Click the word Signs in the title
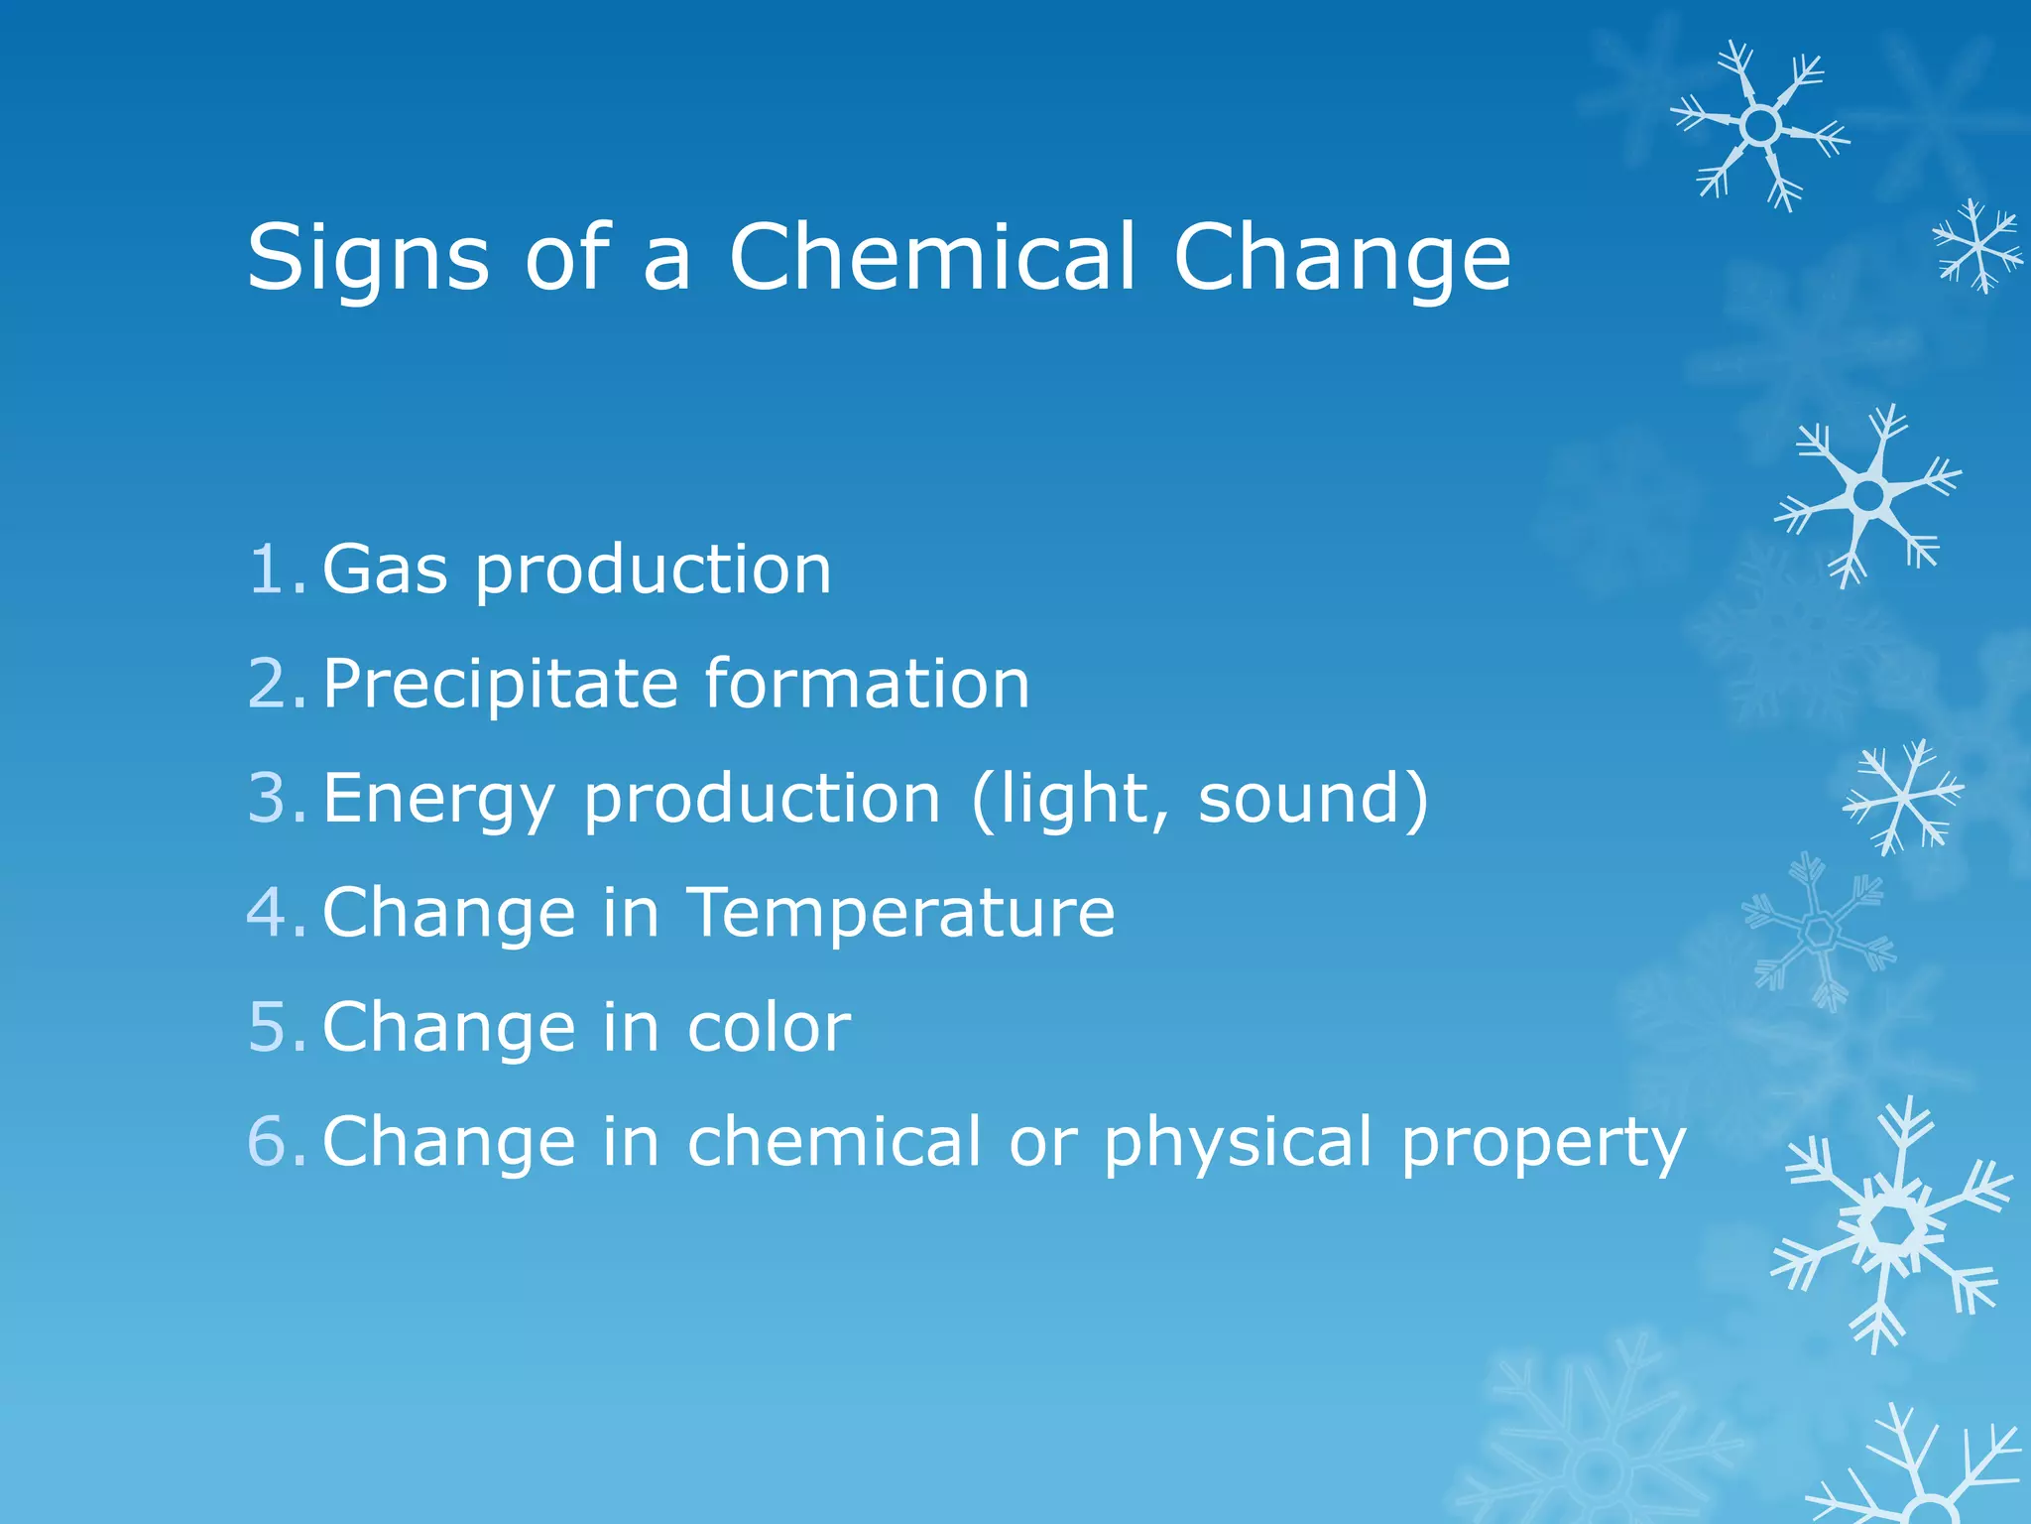(368, 258)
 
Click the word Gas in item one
(385, 570)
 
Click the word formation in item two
(868, 684)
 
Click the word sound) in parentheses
(1314, 798)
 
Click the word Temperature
(901, 912)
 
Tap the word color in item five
(769, 1027)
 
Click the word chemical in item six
(834, 1141)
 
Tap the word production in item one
(654, 571)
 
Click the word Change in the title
(1342, 258)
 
